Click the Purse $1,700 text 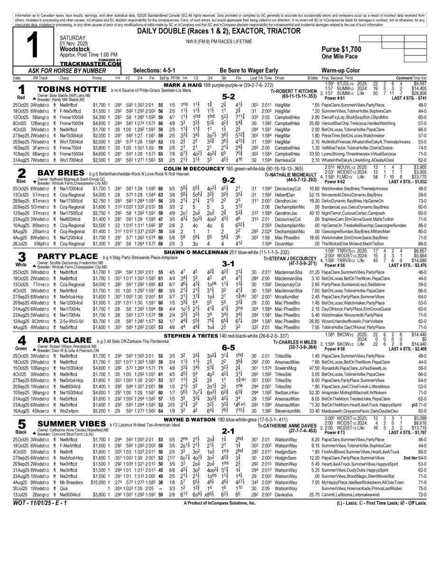tap(341, 49)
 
